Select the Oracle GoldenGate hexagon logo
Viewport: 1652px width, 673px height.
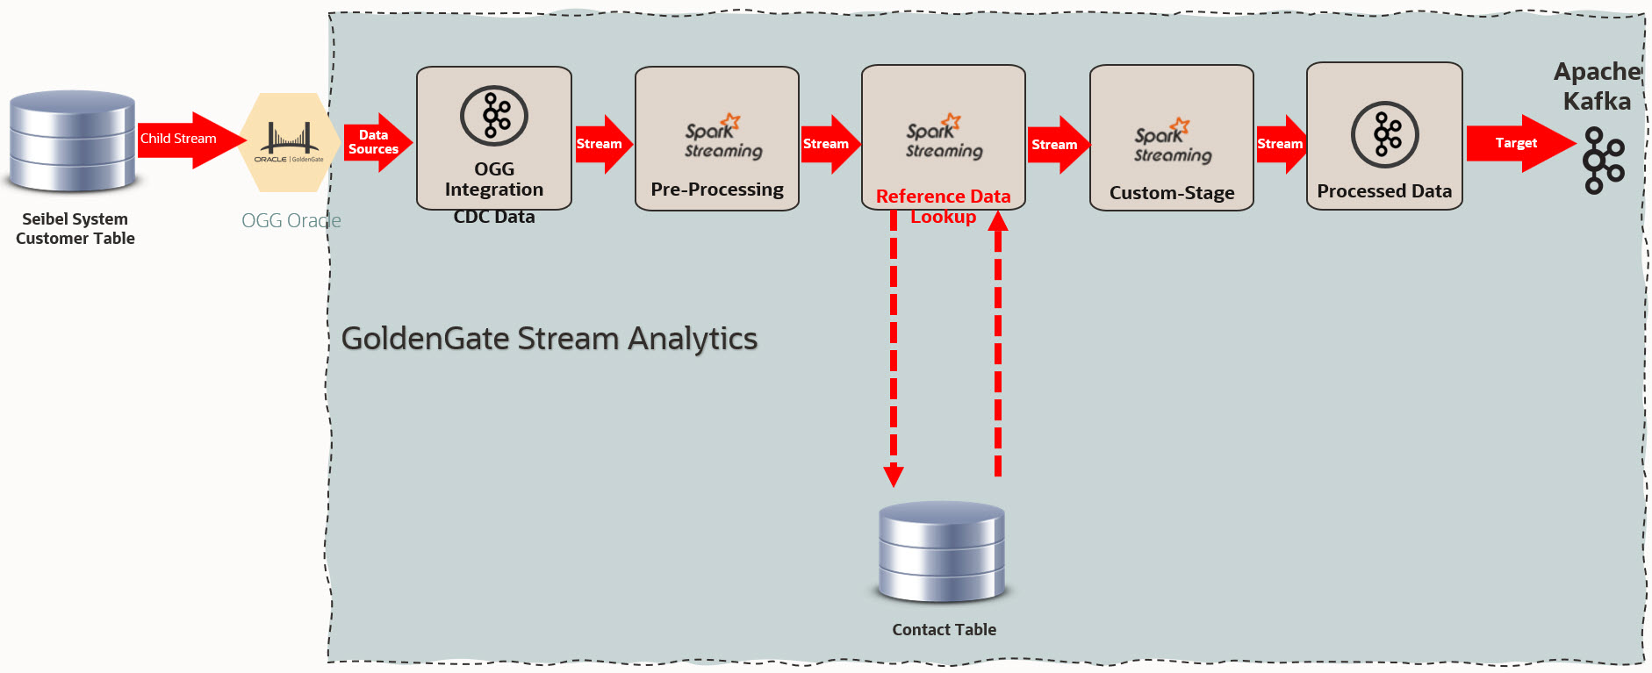click(x=290, y=142)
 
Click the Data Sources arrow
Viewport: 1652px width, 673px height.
click(x=376, y=142)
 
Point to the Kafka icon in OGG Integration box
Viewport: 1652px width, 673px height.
click(x=494, y=116)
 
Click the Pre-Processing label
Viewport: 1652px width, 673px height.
click(x=717, y=190)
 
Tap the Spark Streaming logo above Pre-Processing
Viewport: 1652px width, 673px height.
click(x=723, y=138)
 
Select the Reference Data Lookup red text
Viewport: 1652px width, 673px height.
click(x=944, y=206)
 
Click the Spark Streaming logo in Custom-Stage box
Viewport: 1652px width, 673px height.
click(x=1172, y=142)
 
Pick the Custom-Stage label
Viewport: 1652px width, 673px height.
click(x=1172, y=193)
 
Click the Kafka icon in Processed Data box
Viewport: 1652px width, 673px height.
click(x=1385, y=134)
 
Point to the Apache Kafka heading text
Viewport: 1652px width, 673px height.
click(x=1597, y=86)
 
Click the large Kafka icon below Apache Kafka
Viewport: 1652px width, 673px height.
click(x=1603, y=161)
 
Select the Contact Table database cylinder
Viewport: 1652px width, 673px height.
click(x=942, y=552)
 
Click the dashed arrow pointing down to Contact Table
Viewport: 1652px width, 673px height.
click(x=894, y=351)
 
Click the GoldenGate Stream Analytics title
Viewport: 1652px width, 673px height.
click(x=549, y=339)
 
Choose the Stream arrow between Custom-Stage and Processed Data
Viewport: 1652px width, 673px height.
click(x=1281, y=144)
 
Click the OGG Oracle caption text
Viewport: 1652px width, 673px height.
click(x=291, y=221)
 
